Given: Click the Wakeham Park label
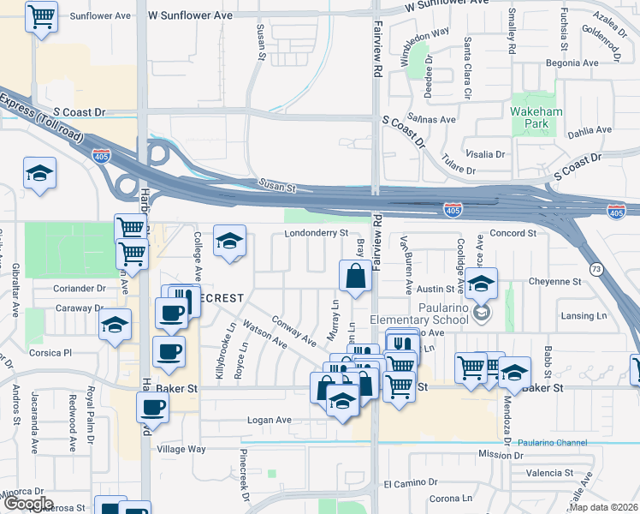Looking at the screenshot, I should (535, 117).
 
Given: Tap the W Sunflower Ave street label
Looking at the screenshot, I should (190, 15).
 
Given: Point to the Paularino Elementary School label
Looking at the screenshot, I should (421, 314).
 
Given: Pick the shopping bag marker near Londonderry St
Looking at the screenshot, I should (355, 276).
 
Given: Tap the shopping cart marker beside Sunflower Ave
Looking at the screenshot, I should (41, 17).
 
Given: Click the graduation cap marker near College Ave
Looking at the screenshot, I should (229, 242).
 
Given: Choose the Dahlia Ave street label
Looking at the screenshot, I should (590, 130).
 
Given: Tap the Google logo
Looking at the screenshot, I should (27, 504).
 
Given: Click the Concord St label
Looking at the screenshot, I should (513, 233).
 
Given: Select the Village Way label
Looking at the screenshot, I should (181, 449).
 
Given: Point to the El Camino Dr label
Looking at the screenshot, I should (410, 484).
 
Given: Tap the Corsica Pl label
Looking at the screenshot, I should (50, 352).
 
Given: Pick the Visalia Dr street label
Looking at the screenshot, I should (483, 154).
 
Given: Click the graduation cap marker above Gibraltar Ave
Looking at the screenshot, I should (39, 174).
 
